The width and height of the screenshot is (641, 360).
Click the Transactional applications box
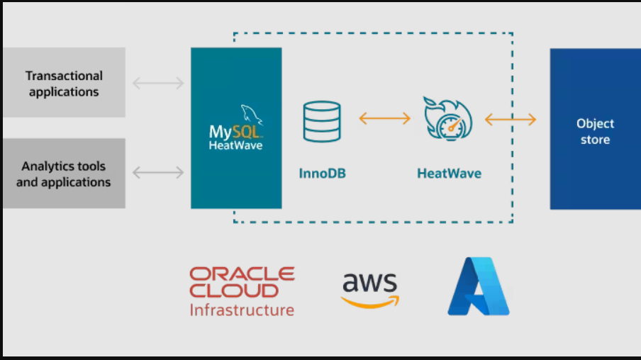click(64, 83)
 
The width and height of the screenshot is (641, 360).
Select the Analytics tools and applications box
click(64, 174)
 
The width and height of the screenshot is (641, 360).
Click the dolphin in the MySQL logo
click(250, 116)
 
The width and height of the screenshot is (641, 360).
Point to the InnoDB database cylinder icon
click(322, 121)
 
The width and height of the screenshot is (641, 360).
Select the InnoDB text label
click(322, 173)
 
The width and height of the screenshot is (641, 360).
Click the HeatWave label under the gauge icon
click(449, 173)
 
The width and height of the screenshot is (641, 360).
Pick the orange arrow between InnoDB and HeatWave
click(384, 118)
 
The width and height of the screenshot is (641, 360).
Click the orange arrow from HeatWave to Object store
click(511, 119)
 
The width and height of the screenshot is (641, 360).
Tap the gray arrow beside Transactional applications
click(158, 84)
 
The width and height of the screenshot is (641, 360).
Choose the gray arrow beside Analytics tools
click(158, 172)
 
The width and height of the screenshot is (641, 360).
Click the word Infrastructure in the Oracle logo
click(241, 310)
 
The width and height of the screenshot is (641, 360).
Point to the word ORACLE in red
click(242, 274)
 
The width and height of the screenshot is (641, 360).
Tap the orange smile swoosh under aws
click(369, 303)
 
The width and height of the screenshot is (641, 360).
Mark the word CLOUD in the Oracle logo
click(233, 291)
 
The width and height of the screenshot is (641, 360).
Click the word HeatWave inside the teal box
click(235, 145)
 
